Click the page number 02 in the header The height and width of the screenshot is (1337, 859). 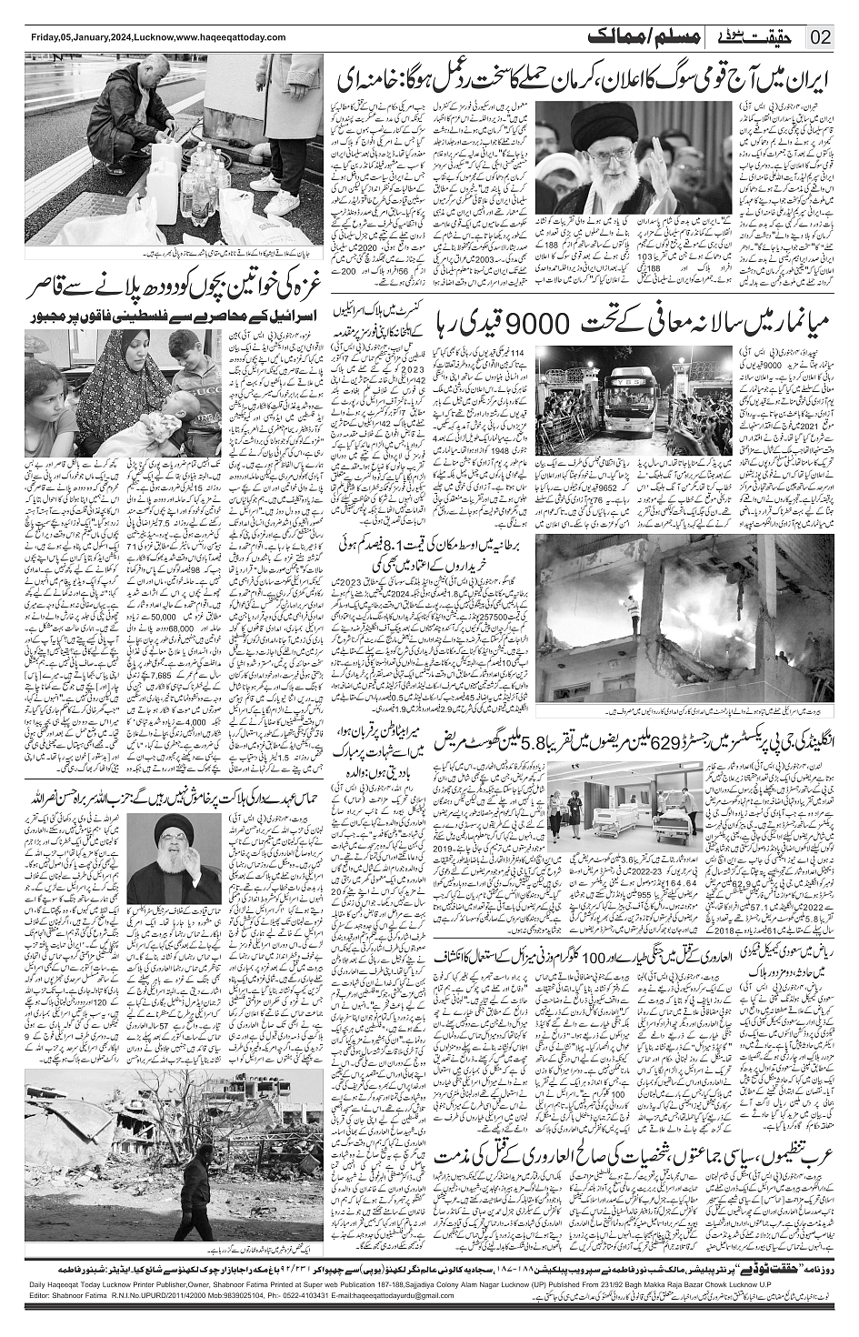(x=822, y=37)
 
